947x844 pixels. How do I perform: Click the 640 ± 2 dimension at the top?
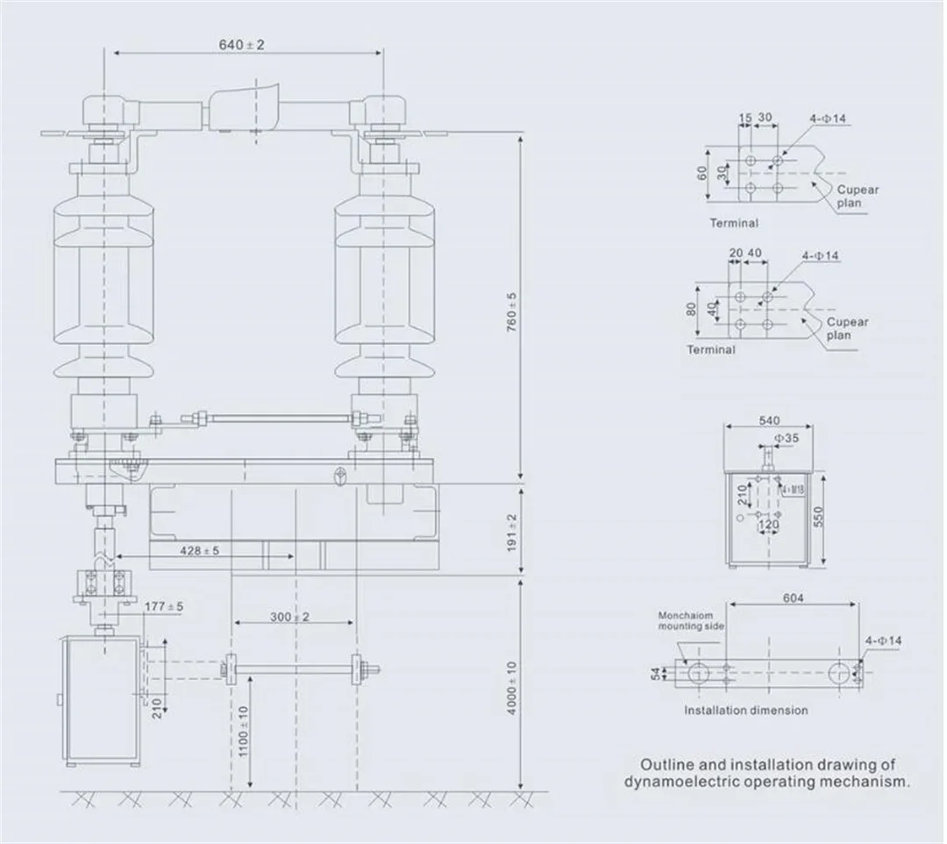click(x=243, y=45)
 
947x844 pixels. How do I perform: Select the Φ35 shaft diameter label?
click(x=787, y=436)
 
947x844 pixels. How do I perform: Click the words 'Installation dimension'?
click(x=746, y=711)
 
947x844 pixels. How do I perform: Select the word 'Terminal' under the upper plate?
click(x=734, y=224)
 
